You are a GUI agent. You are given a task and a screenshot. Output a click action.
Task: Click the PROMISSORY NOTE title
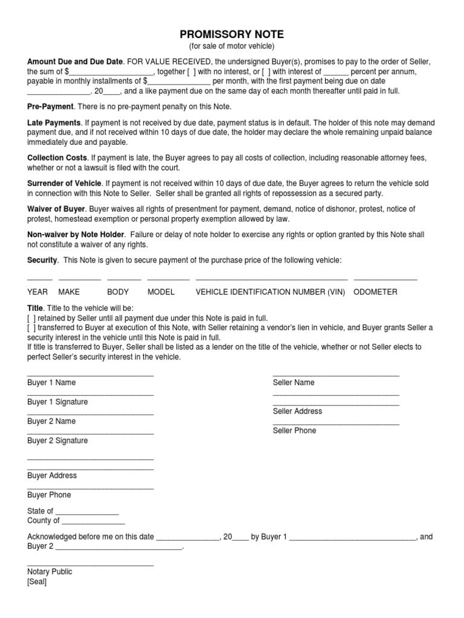(x=232, y=34)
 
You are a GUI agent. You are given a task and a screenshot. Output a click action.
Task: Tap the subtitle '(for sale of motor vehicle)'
(x=232, y=46)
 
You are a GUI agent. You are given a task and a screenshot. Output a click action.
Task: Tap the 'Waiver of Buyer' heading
(x=56, y=209)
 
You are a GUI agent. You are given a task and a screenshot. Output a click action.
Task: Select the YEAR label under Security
(x=37, y=291)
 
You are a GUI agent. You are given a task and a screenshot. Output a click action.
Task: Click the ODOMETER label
(x=375, y=291)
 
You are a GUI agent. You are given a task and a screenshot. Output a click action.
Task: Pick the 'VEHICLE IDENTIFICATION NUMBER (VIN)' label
(x=270, y=291)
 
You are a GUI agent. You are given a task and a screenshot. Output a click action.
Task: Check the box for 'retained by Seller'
(x=31, y=318)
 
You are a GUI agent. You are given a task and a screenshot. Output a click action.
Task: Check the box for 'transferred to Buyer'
(x=31, y=328)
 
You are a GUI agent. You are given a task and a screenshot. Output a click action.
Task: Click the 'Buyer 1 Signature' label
(x=57, y=402)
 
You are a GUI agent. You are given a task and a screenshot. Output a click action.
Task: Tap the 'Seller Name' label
(x=294, y=383)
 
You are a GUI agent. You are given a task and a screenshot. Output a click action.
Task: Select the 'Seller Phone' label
(x=294, y=431)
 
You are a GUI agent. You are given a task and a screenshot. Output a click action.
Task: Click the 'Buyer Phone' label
(x=49, y=495)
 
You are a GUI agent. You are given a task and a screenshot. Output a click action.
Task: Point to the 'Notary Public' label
(x=50, y=572)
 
